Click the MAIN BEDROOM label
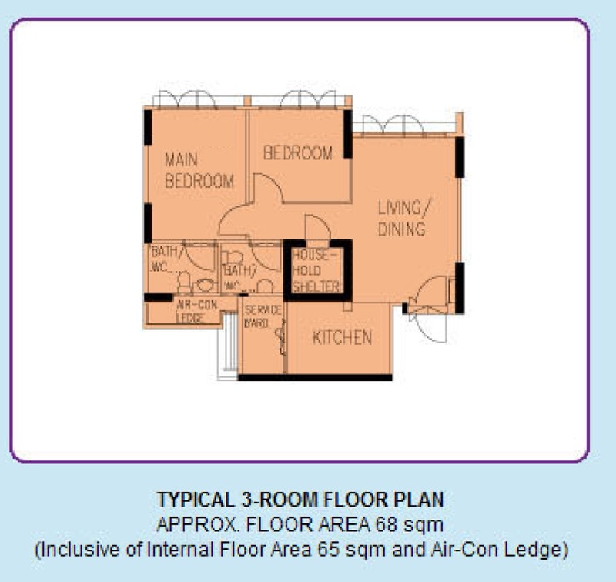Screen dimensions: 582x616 coord(199,171)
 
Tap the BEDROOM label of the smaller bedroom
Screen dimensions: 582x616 coord(298,153)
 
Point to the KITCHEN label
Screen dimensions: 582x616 coord(342,337)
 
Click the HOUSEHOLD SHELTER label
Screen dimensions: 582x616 coord(316,269)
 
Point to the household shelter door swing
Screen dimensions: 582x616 coord(316,228)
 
